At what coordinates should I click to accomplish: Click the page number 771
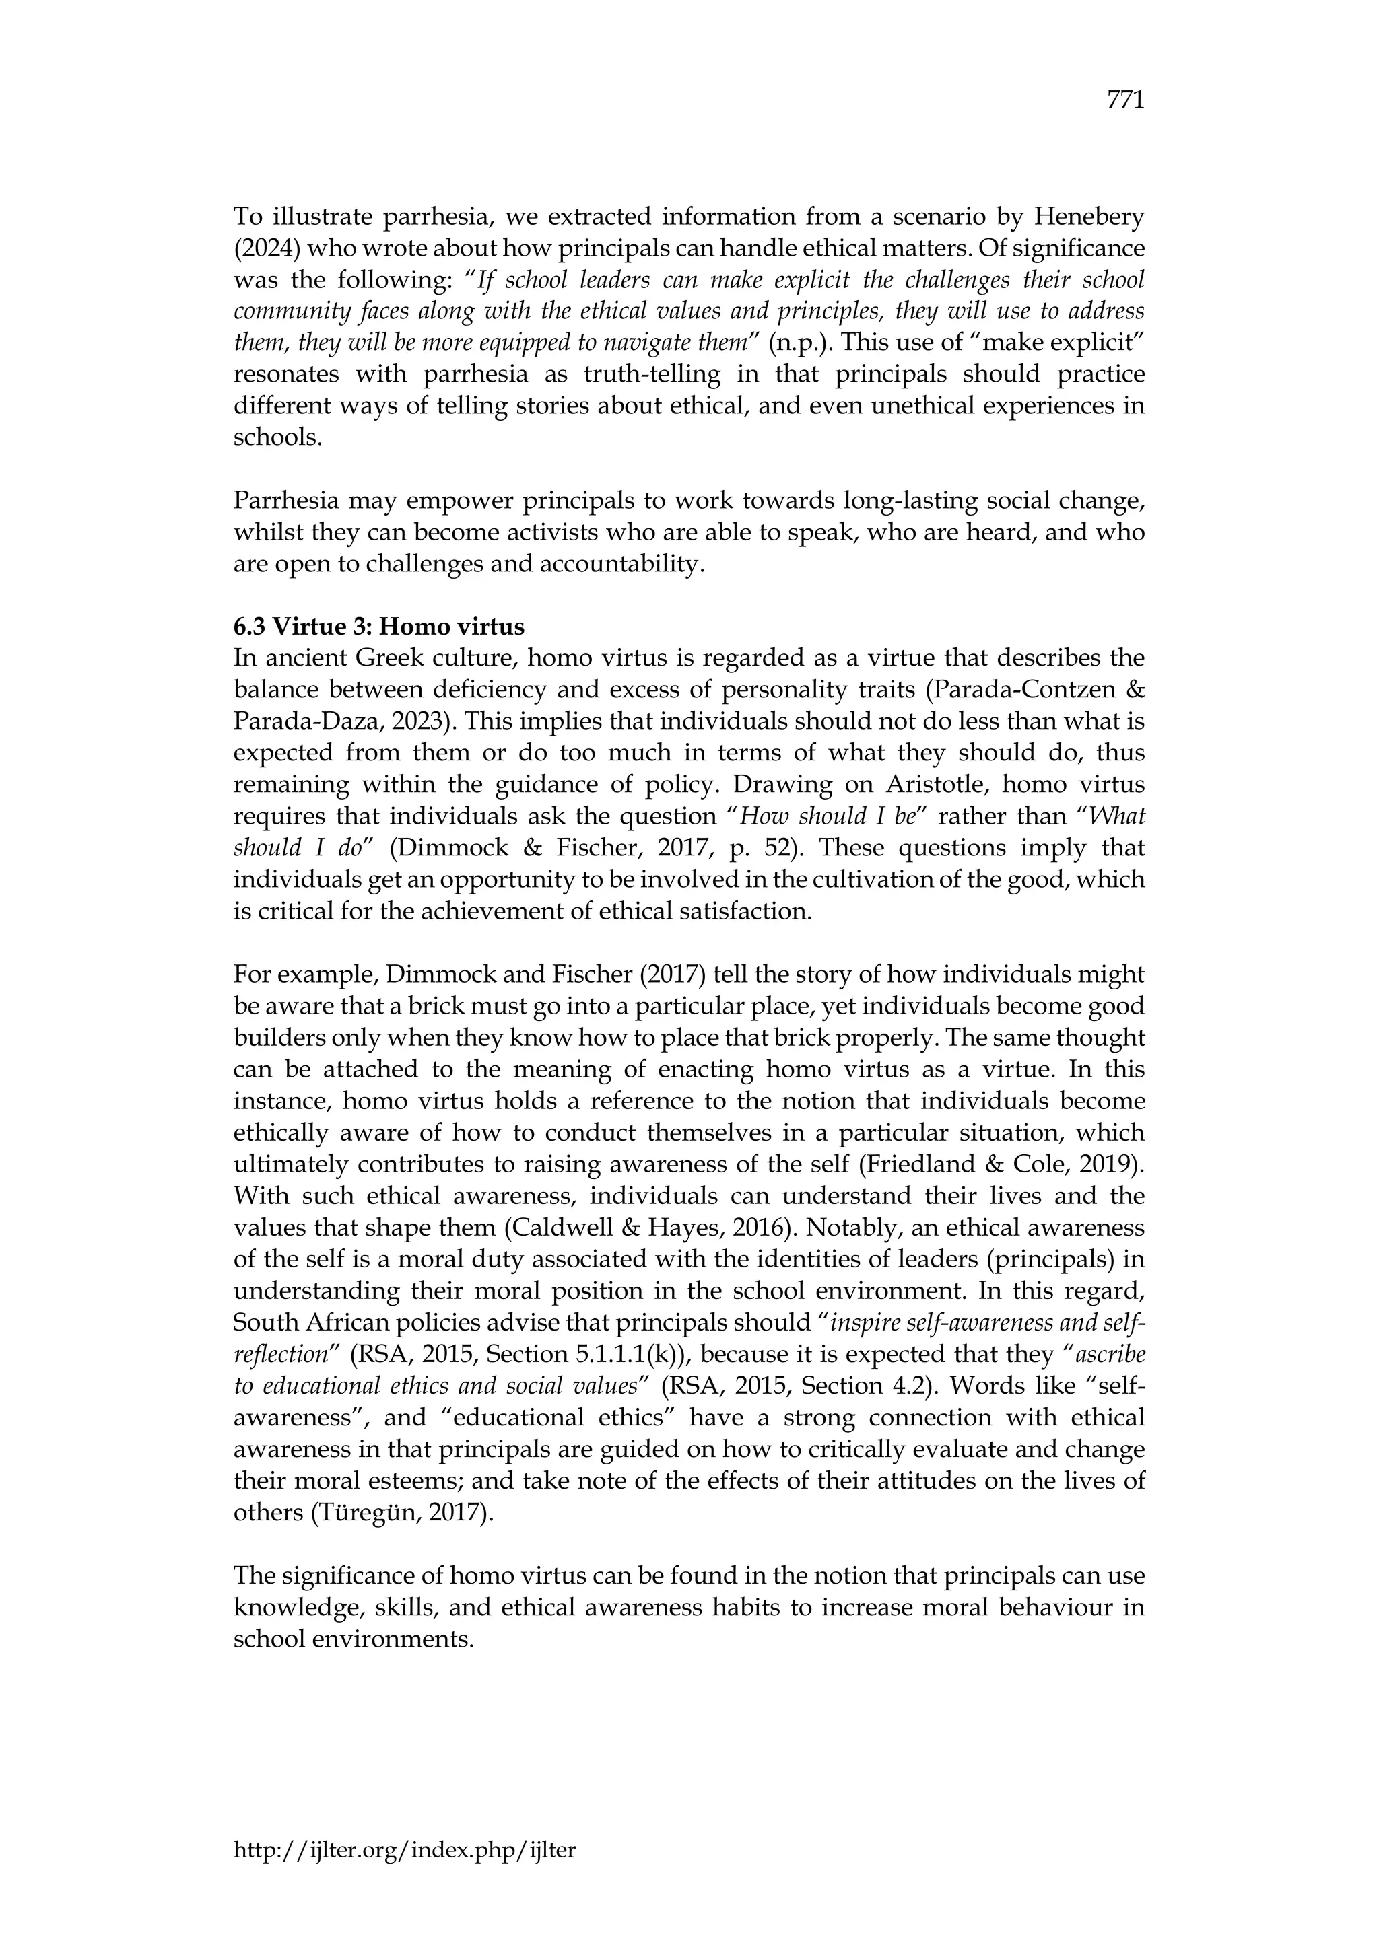(1125, 100)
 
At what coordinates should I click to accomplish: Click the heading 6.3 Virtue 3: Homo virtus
(378, 627)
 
